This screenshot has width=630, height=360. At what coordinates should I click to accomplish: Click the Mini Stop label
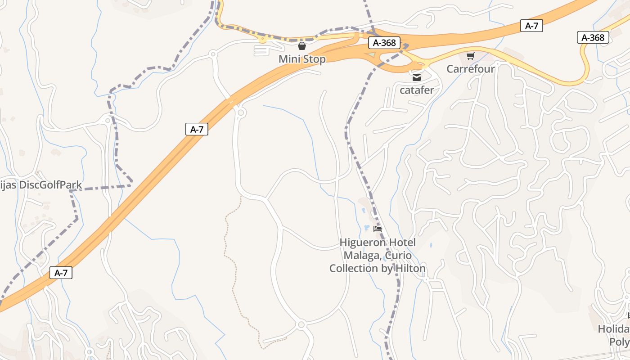(x=302, y=59)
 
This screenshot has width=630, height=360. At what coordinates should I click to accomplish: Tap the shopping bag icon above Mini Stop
(x=302, y=46)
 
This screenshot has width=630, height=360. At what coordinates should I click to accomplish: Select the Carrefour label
(x=470, y=69)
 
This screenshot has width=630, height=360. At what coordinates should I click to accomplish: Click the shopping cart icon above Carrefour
(x=470, y=56)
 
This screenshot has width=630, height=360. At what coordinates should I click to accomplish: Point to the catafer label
(x=417, y=90)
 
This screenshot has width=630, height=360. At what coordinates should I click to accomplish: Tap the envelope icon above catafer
(x=417, y=77)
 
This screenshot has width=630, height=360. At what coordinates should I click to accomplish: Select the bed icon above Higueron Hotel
(x=378, y=229)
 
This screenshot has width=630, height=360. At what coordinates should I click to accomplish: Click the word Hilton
(x=409, y=269)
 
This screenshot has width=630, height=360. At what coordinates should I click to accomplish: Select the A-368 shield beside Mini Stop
(x=384, y=43)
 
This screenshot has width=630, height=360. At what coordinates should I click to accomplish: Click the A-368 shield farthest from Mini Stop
(x=593, y=37)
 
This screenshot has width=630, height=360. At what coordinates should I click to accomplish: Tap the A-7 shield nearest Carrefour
(x=531, y=26)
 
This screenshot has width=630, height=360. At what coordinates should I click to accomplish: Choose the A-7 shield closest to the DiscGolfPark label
(x=197, y=129)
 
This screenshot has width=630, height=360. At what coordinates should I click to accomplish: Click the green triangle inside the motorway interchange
(x=370, y=55)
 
